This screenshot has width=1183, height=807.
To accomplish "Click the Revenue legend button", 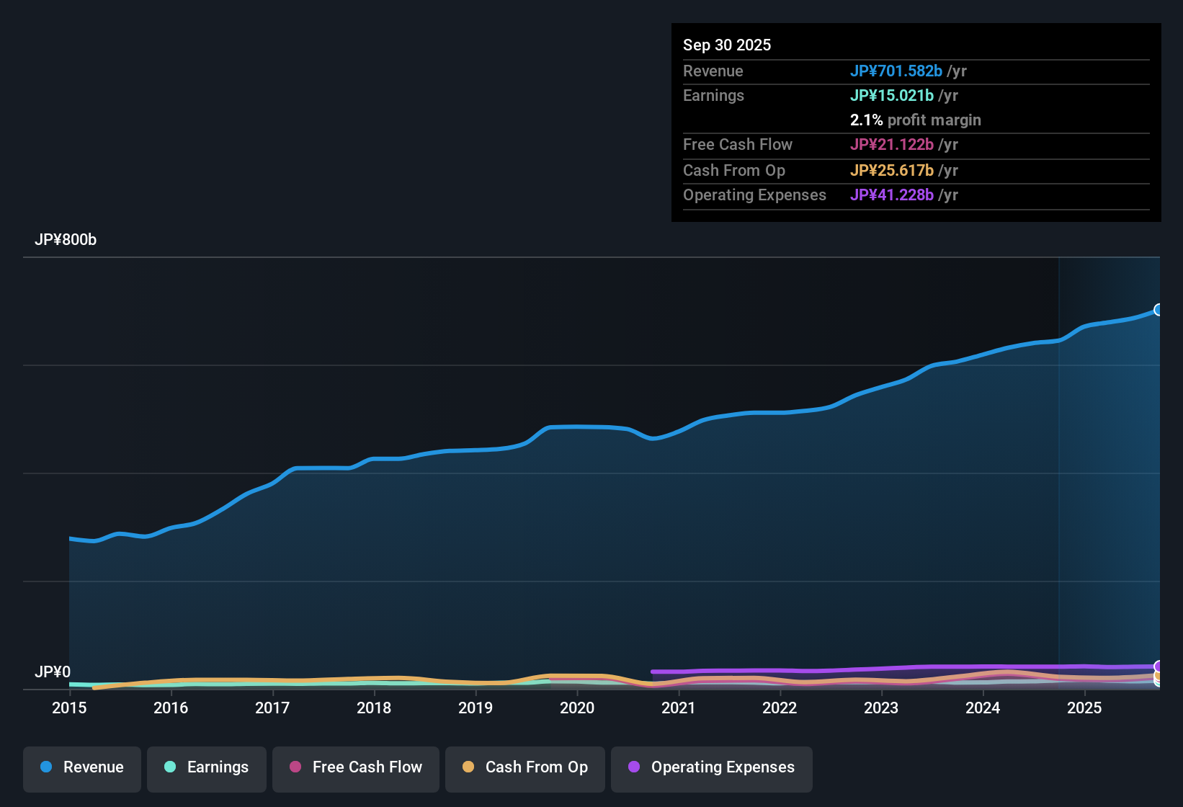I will pyautogui.click(x=82, y=767).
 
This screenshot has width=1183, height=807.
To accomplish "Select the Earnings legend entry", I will pyautogui.click(x=207, y=767).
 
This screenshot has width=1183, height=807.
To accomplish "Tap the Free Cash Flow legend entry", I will pyautogui.click(x=356, y=767).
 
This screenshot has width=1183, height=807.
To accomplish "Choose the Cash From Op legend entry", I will pyautogui.click(x=525, y=767).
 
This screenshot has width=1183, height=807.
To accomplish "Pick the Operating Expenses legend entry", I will pyautogui.click(x=712, y=767).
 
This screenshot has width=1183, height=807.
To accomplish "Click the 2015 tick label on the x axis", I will pyautogui.click(x=69, y=708).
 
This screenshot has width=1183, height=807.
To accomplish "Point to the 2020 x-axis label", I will pyautogui.click(x=577, y=708).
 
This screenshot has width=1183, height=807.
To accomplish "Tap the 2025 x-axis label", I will pyautogui.click(x=1084, y=708).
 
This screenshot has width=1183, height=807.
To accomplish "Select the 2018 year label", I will pyautogui.click(x=374, y=708).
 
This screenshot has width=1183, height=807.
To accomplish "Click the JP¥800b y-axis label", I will pyautogui.click(x=66, y=240).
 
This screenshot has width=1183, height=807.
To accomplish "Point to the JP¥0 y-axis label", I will pyautogui.click(x=53, y=672).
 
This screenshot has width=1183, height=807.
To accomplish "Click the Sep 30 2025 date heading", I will pyautogui.click(x=727, y=45).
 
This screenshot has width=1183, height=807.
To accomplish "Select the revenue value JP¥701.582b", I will pyautogui.click(x=896, y=71).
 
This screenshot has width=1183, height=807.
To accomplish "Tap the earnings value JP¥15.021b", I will pyautogui.click(x=891, y=96).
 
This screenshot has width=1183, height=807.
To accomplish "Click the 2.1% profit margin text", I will pyautogui.click(x=915, y=120).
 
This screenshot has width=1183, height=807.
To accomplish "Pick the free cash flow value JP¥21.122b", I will pyautogui.click(x=891, y=145).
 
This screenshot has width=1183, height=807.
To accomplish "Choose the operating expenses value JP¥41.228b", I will pyautogui.click(x=891, y=195).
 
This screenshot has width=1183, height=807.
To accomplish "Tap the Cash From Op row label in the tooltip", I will pyautogui.click(x=733, y=171).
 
